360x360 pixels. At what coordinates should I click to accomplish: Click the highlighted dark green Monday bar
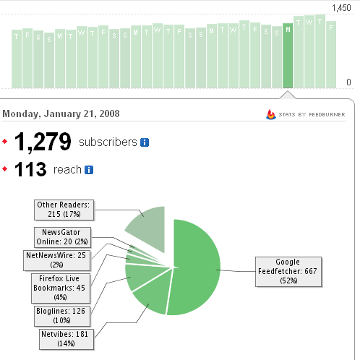pos(288,56)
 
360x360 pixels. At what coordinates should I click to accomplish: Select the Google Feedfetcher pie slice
pos(195,267)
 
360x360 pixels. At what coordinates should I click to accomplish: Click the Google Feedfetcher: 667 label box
pos(288,272)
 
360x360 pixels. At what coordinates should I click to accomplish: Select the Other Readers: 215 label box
pos(64,210)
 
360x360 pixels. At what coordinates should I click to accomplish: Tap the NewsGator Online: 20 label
pos(62,237)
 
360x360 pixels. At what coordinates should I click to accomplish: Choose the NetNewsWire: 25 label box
pos(57,260)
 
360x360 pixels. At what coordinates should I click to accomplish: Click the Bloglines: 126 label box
pos(62,316)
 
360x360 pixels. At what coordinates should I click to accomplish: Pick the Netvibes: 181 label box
pos(67,339)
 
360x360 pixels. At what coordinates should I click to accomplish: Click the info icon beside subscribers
pos(145,142)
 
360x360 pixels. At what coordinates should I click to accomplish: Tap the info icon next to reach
pos(89,170)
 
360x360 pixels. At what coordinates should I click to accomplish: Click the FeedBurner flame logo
pos(271,114)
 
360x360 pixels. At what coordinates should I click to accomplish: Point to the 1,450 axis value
pos(341,8)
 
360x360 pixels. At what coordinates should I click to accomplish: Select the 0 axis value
pos(348,82)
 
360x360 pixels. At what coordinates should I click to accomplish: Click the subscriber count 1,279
pos(43,142)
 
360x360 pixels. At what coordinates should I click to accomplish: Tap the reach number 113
pos(30,169)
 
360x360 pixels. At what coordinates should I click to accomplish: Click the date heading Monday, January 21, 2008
pos(61,113)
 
